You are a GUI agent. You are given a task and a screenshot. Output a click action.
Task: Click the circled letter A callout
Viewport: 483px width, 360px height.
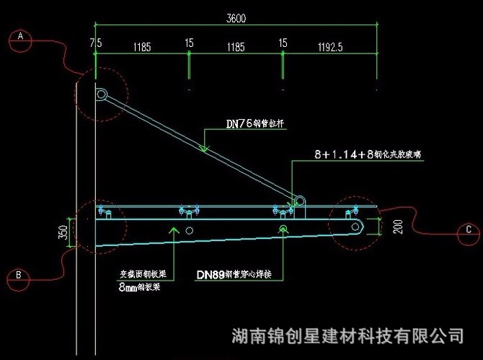[x=20, y=36]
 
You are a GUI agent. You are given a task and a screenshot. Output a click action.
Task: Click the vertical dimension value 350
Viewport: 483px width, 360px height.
[x=63, y=232]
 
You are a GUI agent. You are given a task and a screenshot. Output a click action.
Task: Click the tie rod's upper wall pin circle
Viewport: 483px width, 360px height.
[x=102, y=94]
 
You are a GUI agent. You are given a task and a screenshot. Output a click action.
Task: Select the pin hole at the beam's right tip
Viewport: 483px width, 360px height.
[x=356, y=227]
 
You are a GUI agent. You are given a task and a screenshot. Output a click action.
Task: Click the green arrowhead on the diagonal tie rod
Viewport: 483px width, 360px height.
[x=204, y=149]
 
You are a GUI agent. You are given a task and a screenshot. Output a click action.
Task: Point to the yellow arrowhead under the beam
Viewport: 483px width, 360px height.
[x=173, y=229]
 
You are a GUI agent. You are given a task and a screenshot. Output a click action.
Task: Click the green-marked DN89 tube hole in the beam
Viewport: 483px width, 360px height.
[x=284, y=229]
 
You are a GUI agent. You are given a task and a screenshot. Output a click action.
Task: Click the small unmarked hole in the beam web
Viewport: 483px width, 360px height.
[x=189, y=230]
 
